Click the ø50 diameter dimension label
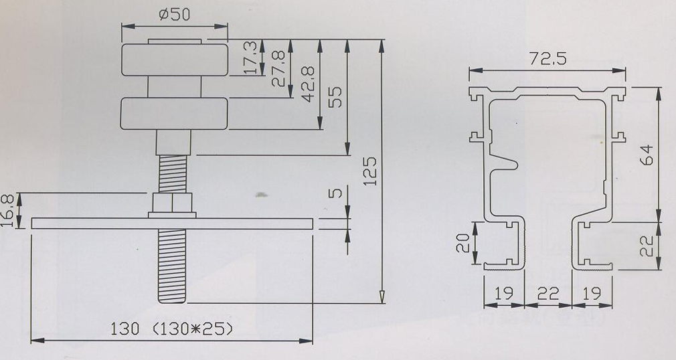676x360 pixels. click(x=174, y=14)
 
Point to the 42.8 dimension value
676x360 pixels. click(x=308, y=84)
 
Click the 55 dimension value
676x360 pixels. click(x=335, y=98)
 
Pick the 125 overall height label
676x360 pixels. click(x=370, y=171)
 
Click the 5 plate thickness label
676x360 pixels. click(x=335, y=192)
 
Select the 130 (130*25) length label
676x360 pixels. click(x=171, y=329)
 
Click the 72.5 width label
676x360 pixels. click(x=548, y=59)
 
